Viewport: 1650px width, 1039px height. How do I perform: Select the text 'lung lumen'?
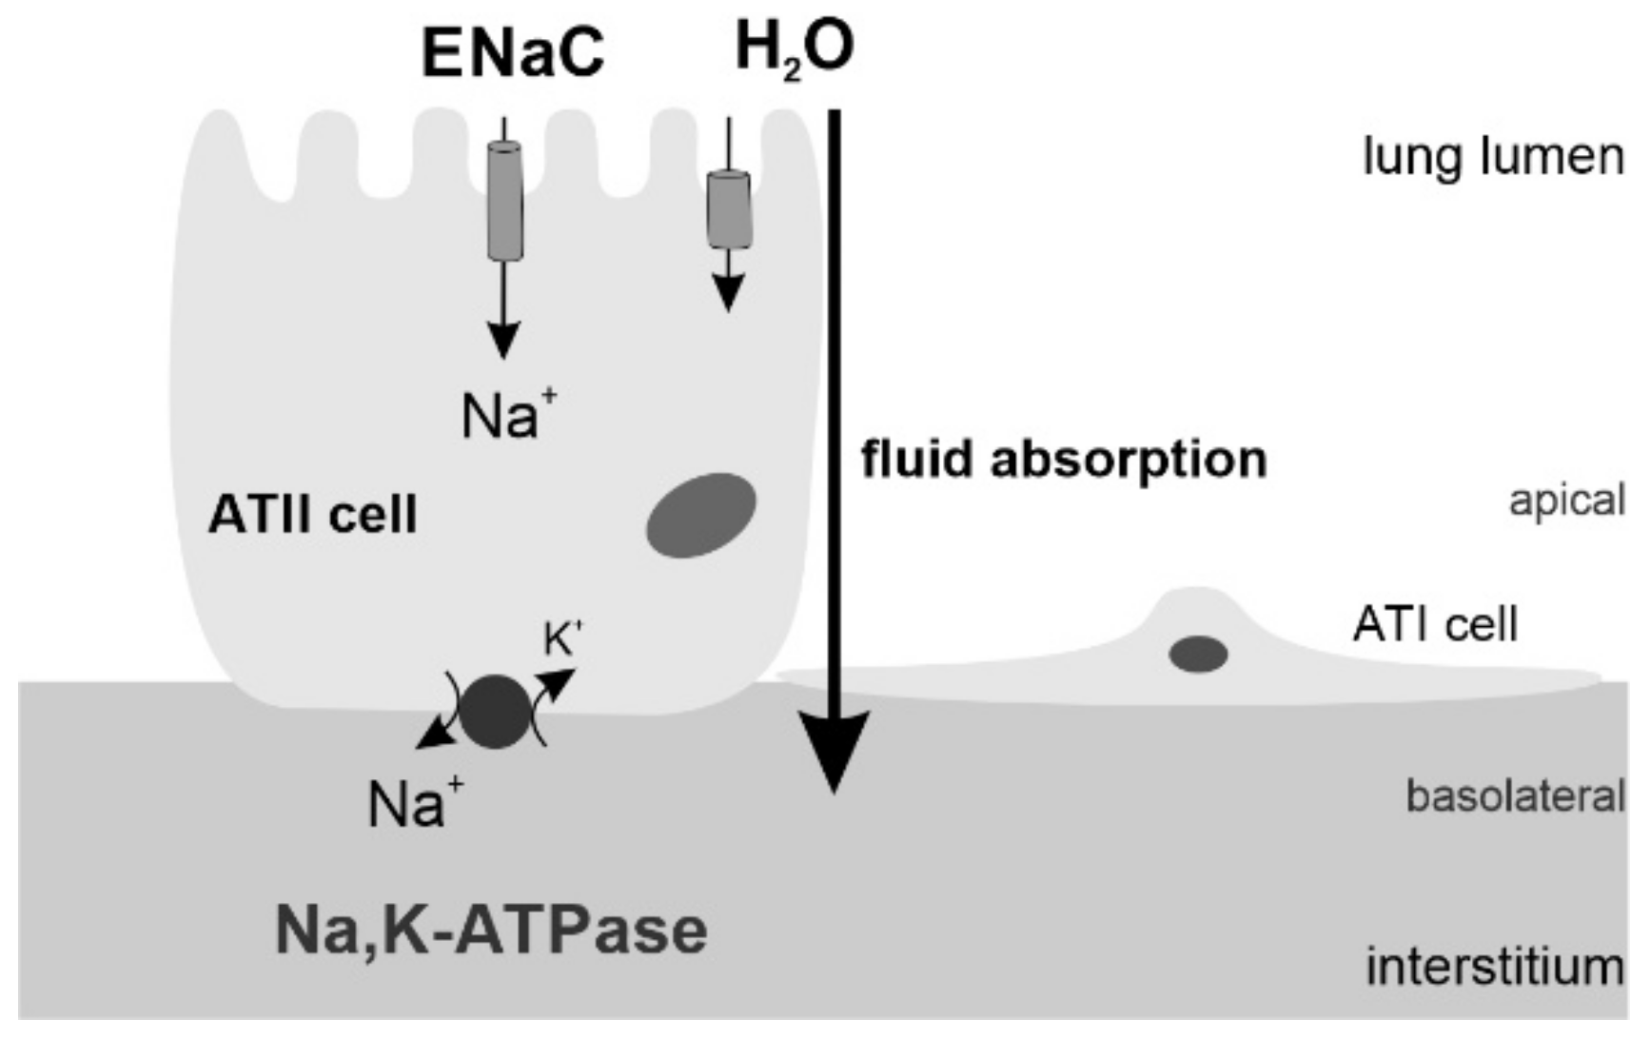(x=1493, y=157)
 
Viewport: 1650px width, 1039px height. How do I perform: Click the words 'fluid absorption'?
(x=1063, y=460)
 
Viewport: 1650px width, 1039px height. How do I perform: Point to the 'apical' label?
(x=1566, y=500)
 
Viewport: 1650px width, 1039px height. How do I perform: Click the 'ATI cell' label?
(x=1435, y=625)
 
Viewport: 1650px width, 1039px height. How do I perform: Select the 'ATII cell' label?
(x=312, y=516)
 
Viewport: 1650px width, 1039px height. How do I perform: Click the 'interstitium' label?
(x=1494, y=968)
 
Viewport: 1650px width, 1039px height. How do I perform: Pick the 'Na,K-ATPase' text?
(x=491, y=930)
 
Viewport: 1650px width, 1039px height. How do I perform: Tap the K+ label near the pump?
(x=561, y=640)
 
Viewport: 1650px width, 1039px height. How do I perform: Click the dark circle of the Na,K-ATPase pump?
(x=495, y=712)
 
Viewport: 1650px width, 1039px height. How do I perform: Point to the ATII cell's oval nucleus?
(x=701, y=515)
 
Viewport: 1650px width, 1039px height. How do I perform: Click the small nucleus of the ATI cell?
(x=1198, y=655)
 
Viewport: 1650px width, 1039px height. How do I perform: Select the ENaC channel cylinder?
(x=504, y=201)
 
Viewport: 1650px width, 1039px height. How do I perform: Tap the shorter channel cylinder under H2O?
(x=729, y=209)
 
